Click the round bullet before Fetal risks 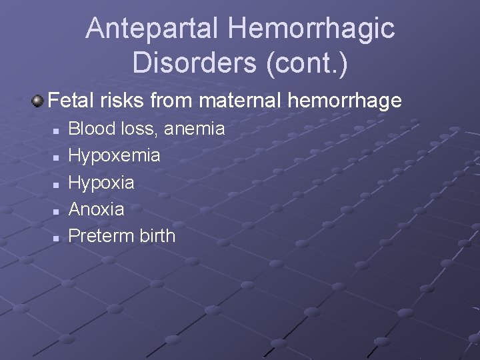(x=38, y=101)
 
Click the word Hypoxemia (x=115, y=155)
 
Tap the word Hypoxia (x=101, y=182)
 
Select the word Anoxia (x=97, y=209)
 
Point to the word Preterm (x=100, y=235)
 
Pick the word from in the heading (x=173, y=101)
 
